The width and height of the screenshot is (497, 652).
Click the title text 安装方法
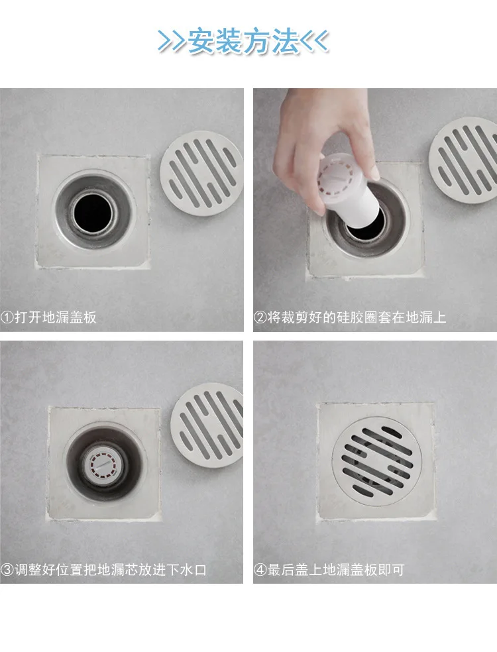(243, 41)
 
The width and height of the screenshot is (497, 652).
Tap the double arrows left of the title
(172, 41)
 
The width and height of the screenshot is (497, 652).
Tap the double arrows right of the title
(314, 41)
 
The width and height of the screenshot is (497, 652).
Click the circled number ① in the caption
(7, 317)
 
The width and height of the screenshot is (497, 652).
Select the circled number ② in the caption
(260, 317)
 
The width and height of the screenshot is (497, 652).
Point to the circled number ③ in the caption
(7, 569)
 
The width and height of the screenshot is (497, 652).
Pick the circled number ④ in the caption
(260, 569)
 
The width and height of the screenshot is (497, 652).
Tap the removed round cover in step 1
(201, 174)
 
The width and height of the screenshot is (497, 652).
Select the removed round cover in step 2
(463, 160)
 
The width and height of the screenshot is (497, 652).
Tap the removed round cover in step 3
(207, 425)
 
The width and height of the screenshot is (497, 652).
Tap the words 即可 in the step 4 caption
(390, 569)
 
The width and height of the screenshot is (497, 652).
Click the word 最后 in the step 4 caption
(281, 569)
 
